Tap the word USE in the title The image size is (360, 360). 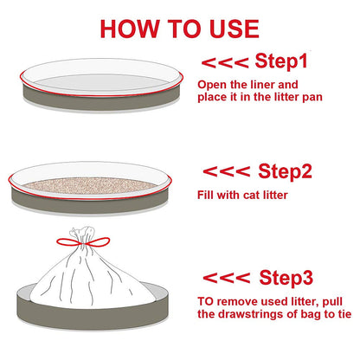point(235,29)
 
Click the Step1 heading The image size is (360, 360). point(281,61)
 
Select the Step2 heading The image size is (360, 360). point(285,170)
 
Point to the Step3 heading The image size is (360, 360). point(286,278)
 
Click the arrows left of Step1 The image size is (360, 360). point(225,62)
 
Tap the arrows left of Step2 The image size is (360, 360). point(227,171)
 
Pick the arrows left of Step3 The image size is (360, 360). point(227,278)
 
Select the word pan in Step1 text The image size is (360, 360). point(312,98)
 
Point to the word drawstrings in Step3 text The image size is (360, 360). point(251,314)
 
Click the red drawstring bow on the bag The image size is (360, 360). point(83,242)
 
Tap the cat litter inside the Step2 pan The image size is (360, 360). point(89,185)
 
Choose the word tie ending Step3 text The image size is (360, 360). point(344,314)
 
